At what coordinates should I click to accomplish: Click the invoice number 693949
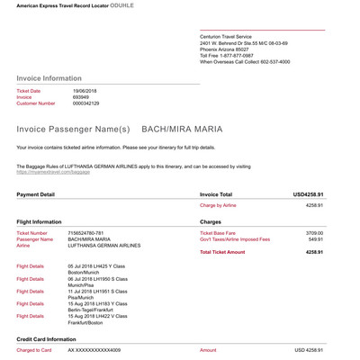82,97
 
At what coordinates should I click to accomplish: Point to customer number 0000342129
86,103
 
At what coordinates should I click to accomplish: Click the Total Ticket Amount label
221,252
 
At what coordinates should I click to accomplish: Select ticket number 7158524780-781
92,232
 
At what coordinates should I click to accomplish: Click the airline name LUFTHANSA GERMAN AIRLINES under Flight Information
103,246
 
